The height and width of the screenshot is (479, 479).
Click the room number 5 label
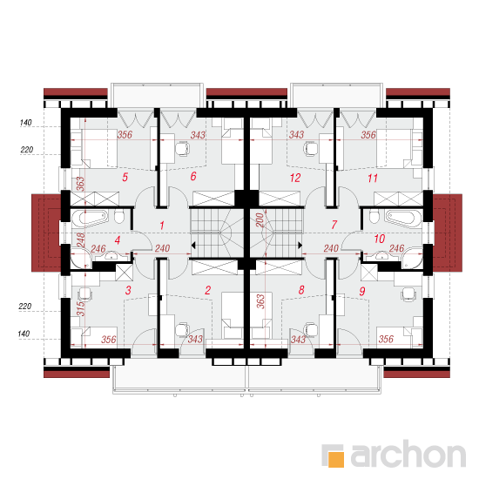pos(125,177)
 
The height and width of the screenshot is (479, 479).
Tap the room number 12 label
pos(295,178)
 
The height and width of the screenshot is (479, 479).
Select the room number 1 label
pos(162,226)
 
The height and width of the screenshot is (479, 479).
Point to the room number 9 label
pos(362,291)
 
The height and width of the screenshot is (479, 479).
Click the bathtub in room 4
pos(90,218)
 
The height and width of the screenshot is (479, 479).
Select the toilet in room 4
pos(118,216)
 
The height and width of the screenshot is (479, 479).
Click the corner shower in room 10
pos(413,259)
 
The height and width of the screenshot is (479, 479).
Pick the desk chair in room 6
pos(182,149)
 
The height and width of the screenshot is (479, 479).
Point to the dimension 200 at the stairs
pos(260,220)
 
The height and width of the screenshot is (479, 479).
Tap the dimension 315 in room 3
pos(80,308)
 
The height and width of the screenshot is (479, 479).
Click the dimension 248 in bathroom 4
pos(80,240)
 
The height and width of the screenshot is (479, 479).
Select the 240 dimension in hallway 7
pos(331,248)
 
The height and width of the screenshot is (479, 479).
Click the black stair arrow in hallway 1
pos(193,245)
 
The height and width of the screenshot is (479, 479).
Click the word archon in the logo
pos(408,455)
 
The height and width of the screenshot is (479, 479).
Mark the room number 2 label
pos(208,290)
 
